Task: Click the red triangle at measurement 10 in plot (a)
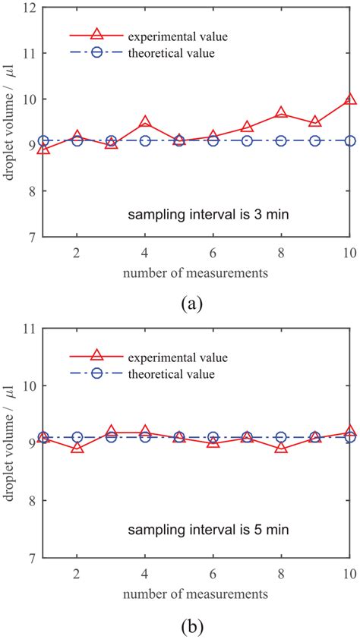(x=349, y=99)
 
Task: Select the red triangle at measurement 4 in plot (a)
(x=145, y=122)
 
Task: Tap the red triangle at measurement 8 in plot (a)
(x=281, y=113)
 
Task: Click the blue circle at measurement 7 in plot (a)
(x=247, y=141)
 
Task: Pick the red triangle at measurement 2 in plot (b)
(x=77, y=447)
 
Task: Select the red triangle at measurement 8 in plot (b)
(x=281, y=447)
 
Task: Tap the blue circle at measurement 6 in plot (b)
(x=213, y=437)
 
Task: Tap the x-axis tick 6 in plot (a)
(x=213, y=251)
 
